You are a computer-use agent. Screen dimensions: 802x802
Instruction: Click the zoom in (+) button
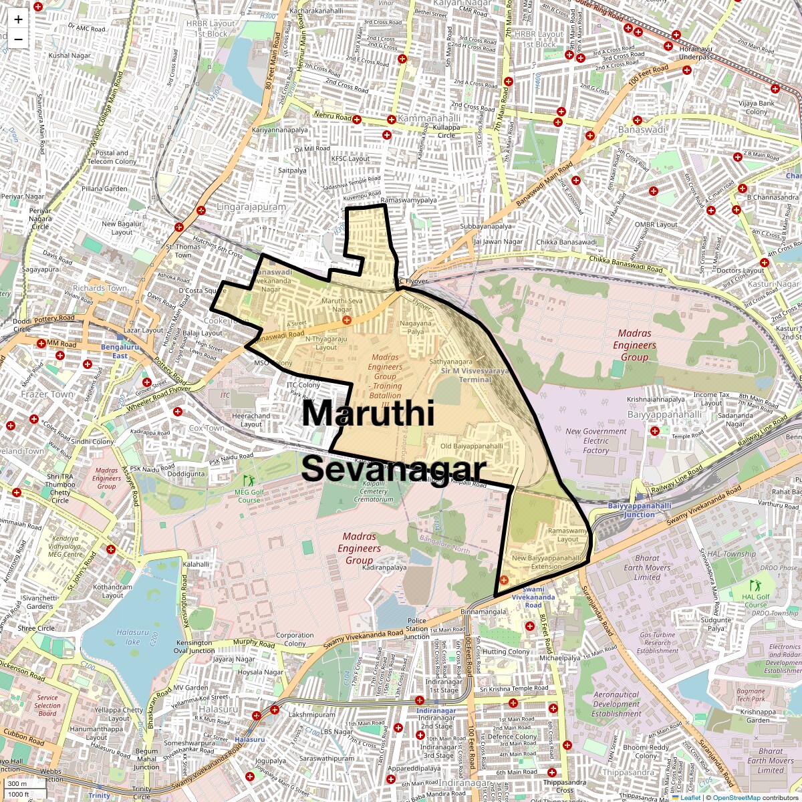18,19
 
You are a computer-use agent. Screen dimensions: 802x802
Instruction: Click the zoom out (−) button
18,39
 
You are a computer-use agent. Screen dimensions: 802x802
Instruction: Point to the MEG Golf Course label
249,495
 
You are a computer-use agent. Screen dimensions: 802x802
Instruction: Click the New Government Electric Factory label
596,441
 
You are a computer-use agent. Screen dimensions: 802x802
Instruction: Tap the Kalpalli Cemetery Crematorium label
374,491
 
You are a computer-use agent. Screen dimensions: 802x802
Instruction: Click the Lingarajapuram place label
251,207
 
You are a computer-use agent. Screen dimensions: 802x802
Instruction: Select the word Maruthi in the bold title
368,414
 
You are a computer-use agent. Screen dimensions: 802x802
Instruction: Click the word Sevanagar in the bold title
393,469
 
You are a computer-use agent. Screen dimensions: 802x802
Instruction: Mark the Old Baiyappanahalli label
471,446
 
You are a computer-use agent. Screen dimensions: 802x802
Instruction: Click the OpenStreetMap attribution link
737,797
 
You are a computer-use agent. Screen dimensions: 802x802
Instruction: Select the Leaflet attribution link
690,797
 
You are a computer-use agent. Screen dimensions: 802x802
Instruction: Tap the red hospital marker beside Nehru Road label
357,120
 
